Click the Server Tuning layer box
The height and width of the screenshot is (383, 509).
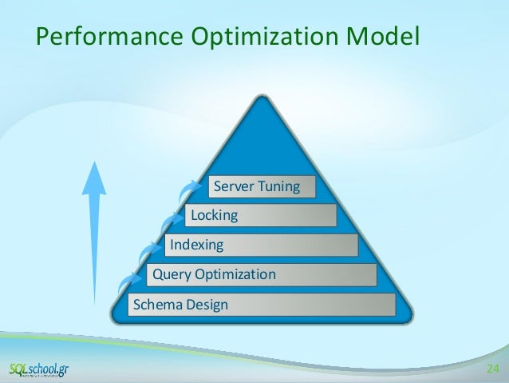tap(262, 187)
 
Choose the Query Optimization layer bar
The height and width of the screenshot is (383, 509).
tap(261, 275)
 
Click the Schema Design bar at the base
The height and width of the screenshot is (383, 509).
tap(262, 305)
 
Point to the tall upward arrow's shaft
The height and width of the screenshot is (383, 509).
tap(95, 248)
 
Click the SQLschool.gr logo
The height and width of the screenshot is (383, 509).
tap(38, 369)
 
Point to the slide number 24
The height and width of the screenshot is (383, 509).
tap(491, 369)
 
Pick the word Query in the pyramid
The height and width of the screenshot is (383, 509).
tap(170, 275)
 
